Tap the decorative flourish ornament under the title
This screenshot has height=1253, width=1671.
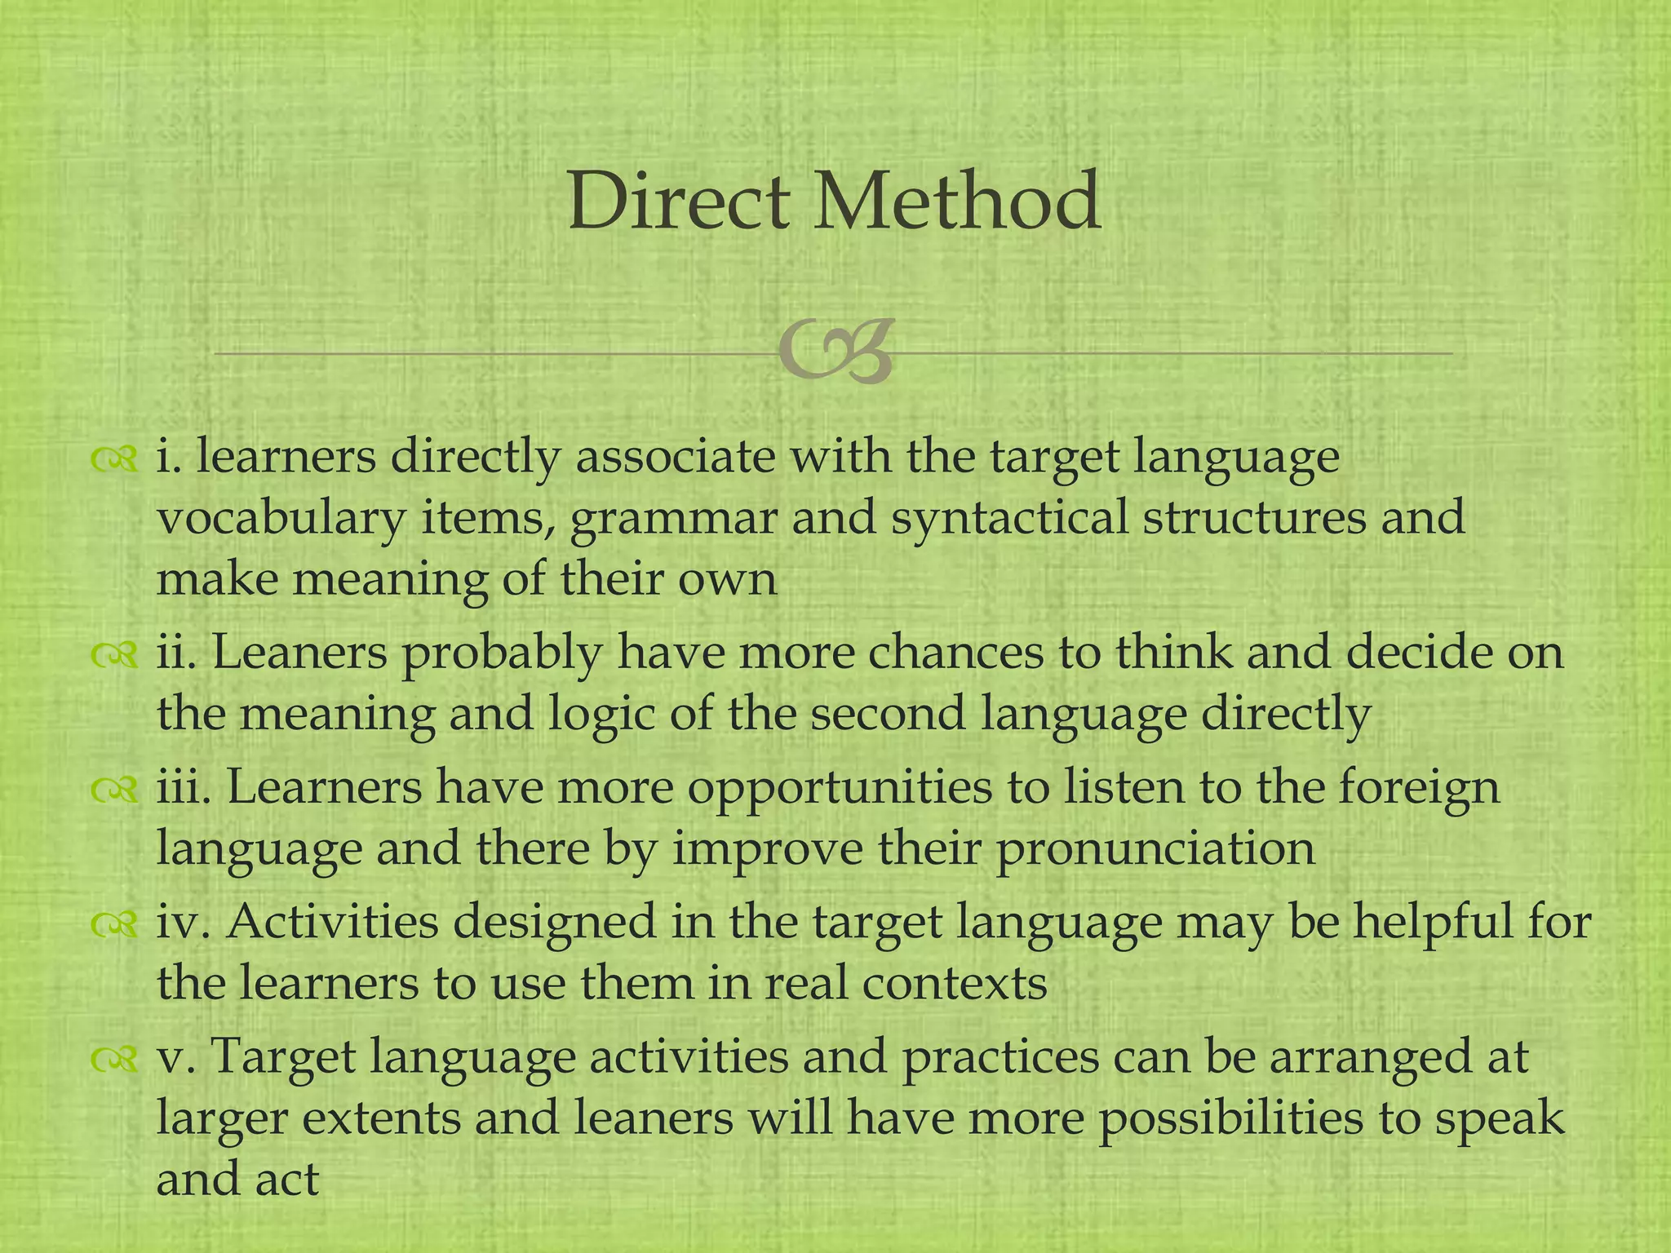(x=835, y=352)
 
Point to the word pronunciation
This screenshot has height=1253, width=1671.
(x=1155, y=850)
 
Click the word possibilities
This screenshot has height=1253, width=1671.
(x=1228, y=1120)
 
